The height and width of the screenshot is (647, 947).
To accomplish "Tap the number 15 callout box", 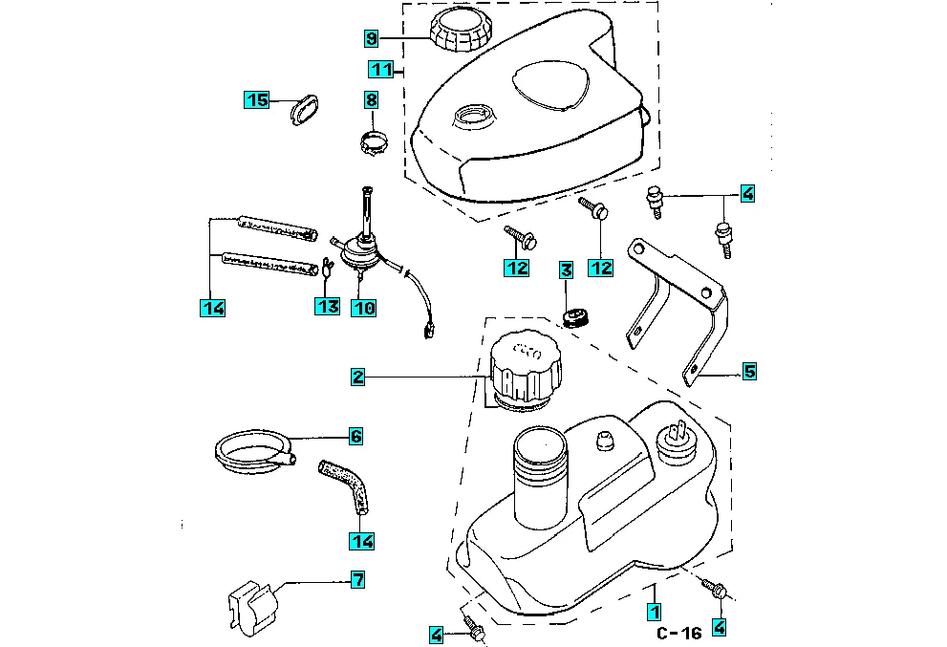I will click(257, 100).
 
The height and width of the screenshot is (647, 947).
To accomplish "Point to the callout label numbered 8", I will click(372, 100).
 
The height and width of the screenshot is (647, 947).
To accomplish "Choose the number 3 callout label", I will click(566, 271).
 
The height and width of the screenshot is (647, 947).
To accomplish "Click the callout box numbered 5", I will click(749, 371).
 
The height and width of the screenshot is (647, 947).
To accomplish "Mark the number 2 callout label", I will click(357, 377).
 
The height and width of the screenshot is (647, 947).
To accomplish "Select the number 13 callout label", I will click(328, 307).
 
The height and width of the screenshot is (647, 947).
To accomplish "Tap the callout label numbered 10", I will click(363, 307).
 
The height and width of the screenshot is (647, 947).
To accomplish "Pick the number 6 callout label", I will click(355, 437).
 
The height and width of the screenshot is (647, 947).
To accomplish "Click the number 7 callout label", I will click(357, 579).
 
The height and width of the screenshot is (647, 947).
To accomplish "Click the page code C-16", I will click(679, 633).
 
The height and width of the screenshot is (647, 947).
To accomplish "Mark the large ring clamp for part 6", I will click(251, 449).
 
